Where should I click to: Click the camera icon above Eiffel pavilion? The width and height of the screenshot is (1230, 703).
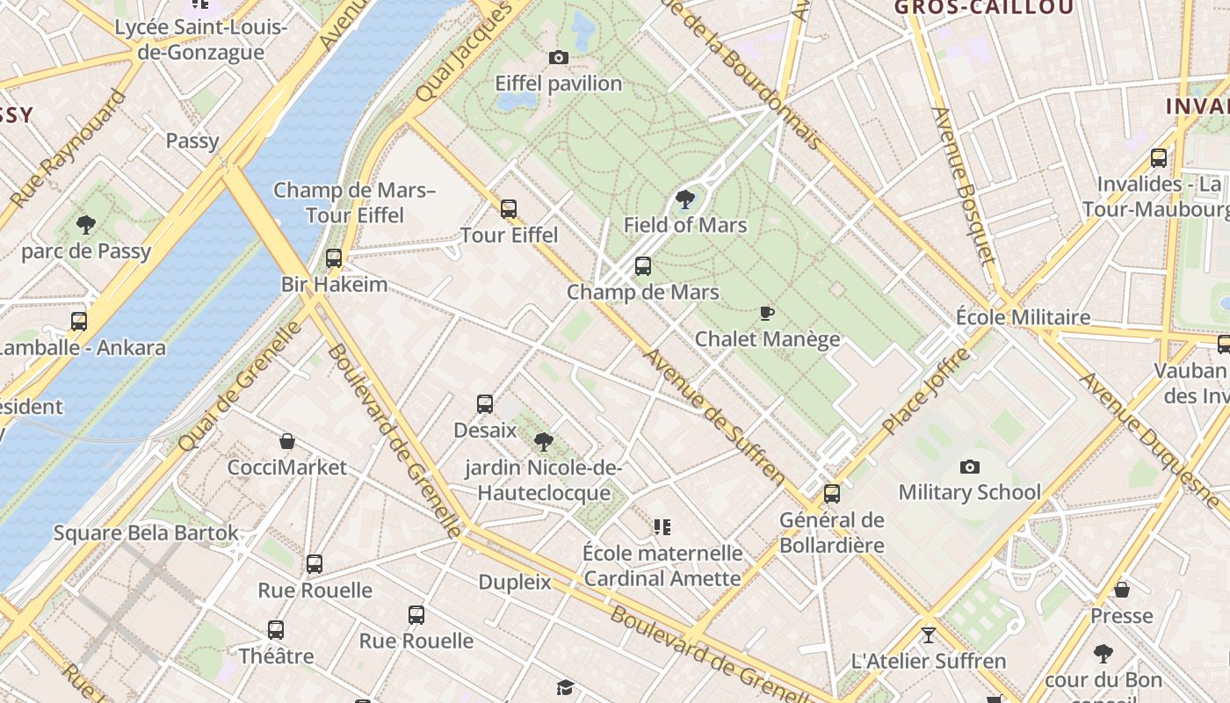[558, 58]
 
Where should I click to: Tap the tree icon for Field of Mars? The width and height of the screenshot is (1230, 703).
[685, 199]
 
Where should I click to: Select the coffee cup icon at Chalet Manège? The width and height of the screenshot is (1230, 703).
[767, 313]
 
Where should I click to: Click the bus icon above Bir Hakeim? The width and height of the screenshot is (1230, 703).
[334, 258]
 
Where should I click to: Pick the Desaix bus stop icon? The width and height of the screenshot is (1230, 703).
[485, 404]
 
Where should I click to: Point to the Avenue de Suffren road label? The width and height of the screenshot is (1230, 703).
[714, 417]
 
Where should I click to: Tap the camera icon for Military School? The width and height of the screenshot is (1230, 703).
[969, 467]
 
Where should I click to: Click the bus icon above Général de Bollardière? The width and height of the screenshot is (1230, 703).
[831, 494]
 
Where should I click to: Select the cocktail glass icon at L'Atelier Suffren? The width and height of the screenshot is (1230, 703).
[929, 634]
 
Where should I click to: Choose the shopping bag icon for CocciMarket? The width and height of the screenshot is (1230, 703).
[287, 441]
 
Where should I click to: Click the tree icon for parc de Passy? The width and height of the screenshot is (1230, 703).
[86, 225]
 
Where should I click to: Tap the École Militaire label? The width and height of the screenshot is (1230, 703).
[1023, 317]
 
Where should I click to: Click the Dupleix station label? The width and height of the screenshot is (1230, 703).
[515, 582]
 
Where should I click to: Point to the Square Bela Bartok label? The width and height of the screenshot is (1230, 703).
[146, 533]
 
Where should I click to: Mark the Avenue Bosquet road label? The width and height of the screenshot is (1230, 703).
[964, 185]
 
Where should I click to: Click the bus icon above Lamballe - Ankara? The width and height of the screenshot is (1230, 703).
[79, 322]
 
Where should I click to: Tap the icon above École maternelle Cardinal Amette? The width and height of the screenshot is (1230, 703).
[662, 527]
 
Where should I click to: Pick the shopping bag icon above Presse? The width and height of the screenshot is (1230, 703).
[1122, 590]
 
